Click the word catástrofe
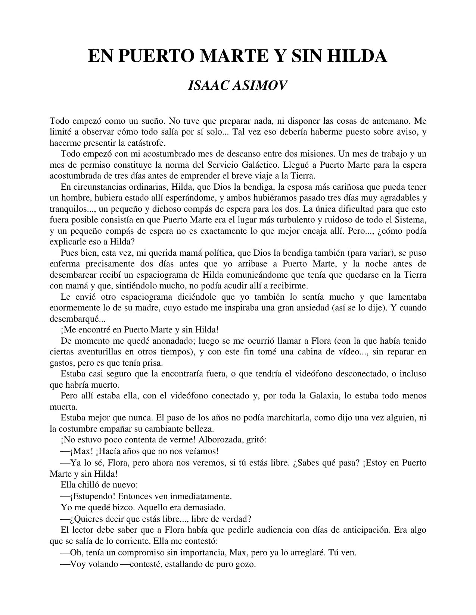[x=146, y=143]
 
